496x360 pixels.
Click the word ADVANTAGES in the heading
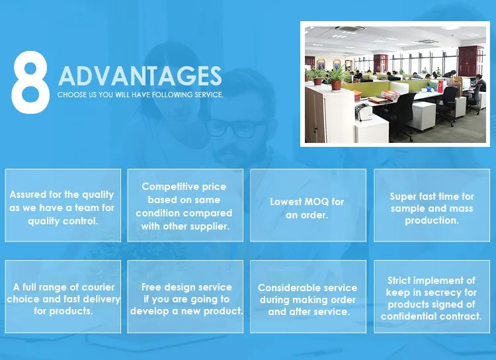[x=140, y=75]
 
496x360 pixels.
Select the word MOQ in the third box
[x=316, y=202]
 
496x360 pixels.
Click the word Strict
[x=399, y=281]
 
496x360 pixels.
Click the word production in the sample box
[x=432, y=220]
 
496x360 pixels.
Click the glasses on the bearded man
[x=233, y=128]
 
